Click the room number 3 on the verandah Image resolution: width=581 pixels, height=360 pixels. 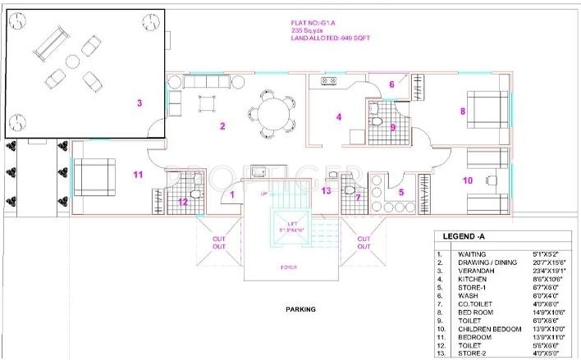(140, 103)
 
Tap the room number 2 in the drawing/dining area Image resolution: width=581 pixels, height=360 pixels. (222, 125)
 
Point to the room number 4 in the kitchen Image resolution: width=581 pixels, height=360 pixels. (338, 116)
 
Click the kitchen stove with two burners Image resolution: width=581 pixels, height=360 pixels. (328, 81)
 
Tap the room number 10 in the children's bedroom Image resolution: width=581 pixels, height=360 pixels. (468, 180)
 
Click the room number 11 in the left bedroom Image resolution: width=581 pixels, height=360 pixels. (138, 174)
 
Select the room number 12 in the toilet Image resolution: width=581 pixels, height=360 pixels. (183, 201)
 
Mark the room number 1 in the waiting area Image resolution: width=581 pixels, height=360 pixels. (232, 194)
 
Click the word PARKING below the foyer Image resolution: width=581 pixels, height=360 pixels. (301, 309)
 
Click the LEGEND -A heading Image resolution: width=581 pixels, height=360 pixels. (464, 236)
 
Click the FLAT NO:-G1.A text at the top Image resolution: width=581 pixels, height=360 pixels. (313, 22)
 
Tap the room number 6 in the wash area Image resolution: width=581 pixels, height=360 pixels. (391, 84)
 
